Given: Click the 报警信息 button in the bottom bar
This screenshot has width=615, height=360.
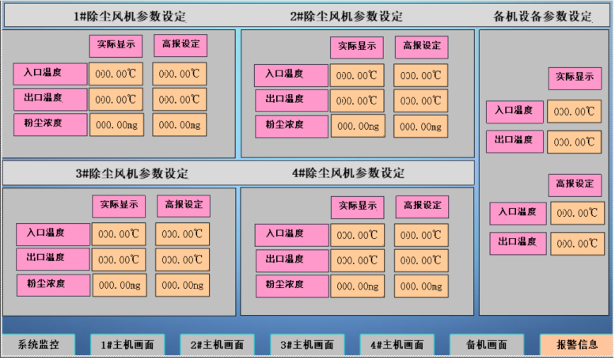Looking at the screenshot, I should click(x=576, y=345).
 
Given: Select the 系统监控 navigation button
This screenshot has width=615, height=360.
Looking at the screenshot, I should click(x=39, y=345).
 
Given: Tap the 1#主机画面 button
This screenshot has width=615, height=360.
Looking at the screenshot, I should click(x=127, y=345).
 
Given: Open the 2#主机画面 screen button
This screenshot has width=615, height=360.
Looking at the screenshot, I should click(x=218, y=345).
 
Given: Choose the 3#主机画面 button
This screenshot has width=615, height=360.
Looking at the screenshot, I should click(x=307, y=345).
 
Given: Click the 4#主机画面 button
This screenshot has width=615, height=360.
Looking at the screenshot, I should click(x=397, y=345).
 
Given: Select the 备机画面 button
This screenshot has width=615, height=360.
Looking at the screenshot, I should click(x=487, y=345).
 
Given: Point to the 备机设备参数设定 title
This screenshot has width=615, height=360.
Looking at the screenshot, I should click(x=542, y=16).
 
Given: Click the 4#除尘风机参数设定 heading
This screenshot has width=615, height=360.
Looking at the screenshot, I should click(x=347, y=173).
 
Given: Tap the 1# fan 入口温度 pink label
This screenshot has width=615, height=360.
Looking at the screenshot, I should click(x=50, y=74).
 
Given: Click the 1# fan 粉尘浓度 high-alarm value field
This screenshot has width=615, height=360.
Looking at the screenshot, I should click(x=179, y=125).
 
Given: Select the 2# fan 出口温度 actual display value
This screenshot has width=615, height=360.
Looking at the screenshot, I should click(x=356, y=101).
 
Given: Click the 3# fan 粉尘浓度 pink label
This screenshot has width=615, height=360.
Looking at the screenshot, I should click(x=52, y=284).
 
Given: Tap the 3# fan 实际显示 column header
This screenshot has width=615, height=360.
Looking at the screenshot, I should click(x=119, y=205).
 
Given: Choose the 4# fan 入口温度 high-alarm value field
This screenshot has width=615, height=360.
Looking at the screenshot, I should click(x=419, y=235).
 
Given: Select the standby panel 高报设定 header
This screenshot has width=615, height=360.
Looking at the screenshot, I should click(x=575, y=184).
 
